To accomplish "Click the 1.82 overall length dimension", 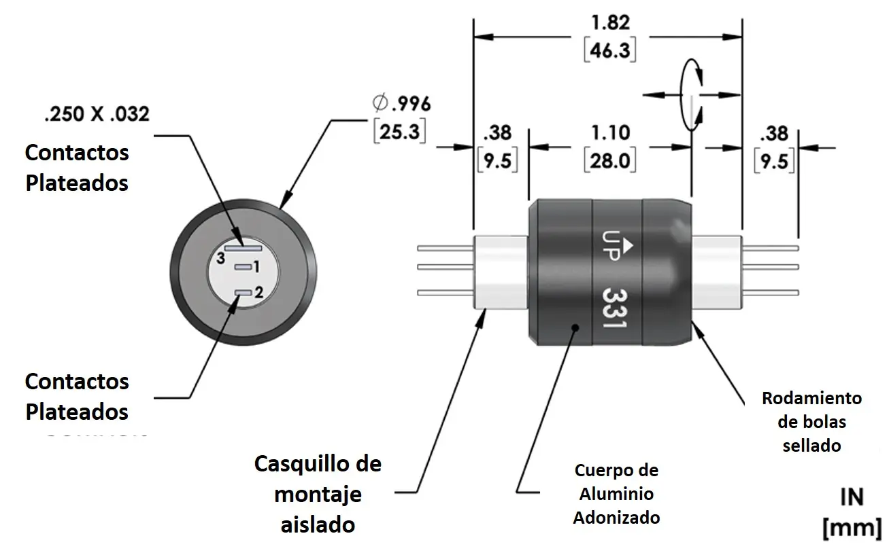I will tap(609, 22).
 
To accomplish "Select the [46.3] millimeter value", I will tap(609, 50).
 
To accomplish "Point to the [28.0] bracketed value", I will tap(610, 162).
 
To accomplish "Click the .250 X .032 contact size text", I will tap(96, 115).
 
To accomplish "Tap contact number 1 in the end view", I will tap(244, 267).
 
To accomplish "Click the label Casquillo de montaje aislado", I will tap(318, 494).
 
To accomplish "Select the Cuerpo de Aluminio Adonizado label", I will tap(616, 494).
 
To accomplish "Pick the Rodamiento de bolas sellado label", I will tap(811, 422).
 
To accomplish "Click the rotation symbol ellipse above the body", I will tap(691, 93).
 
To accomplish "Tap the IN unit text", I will tap(852, 497).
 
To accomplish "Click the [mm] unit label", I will tap(852, 527).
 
